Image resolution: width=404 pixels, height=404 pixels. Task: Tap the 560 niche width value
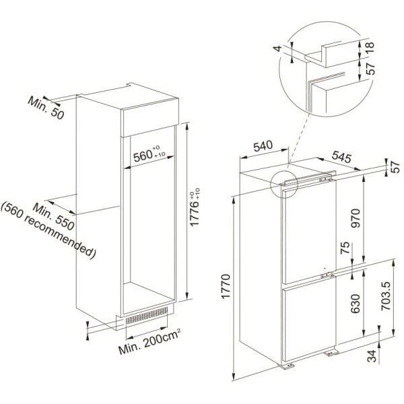(x=143, y=156)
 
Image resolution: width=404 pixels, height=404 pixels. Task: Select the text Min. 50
(x=46, y=108)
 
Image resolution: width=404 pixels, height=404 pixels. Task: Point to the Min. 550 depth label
(x=54, y=216)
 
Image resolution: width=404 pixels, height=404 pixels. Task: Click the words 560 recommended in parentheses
(x=48, y=230)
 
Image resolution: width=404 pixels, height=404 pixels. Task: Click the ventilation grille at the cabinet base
(x=147, y=316)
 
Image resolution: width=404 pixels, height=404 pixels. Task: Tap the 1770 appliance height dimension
(x=226, y=286)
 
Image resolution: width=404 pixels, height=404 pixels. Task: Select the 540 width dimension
(x=263, y=146)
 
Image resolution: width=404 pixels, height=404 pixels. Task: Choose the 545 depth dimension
(x=341, y=157)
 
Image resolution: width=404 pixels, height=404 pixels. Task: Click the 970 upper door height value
(x=356, y=218)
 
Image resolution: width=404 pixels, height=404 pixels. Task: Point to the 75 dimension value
(x=345, y=248)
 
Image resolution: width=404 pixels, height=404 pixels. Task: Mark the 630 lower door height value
(x=356, y=304)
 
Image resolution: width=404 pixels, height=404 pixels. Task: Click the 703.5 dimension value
(x=386, y=296)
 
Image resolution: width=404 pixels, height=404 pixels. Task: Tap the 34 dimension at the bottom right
(x=372, y=356)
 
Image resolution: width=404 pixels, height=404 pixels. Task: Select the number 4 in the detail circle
(x=277, y=48)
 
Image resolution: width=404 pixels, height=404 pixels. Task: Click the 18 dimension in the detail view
(x=370, y=47)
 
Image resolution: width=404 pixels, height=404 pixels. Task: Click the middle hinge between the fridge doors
(x=327, y=275)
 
